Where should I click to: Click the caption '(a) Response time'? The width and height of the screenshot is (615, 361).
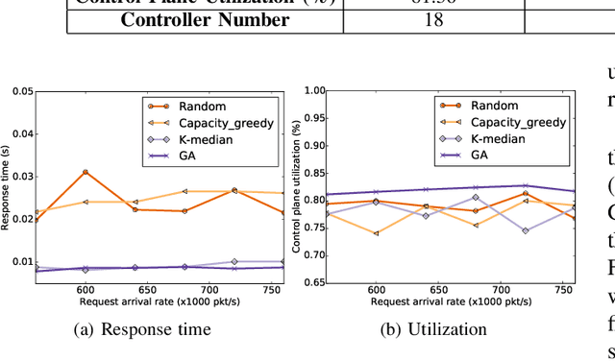point(156,329)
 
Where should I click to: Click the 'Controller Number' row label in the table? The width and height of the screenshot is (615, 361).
point(205,19)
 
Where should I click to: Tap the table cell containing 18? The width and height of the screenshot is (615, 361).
point(433,19)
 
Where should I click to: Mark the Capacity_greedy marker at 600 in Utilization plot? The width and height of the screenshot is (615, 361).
point(376,232)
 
